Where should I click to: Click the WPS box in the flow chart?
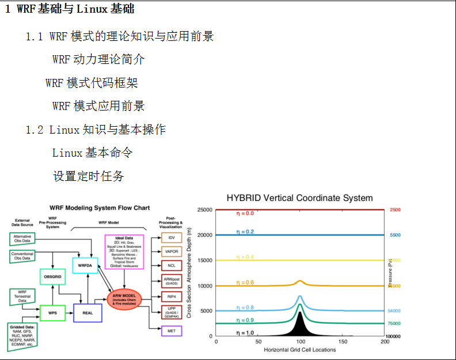[x=52, y=313]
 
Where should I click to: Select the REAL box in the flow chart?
[x=88, y=313]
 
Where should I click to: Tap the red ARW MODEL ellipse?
[x=124, y=299]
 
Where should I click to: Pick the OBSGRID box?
[x=52, y=277]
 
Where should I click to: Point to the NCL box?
[x=172, y=266]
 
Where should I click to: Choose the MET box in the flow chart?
[x=172, y=331]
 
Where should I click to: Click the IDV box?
[x=172, y=237]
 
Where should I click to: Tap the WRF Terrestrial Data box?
[x=22, y=297]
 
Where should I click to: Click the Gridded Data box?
[x=22, y=334]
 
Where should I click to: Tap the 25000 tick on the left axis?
[x=204, y=210]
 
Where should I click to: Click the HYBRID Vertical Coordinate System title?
[x=299, y=198]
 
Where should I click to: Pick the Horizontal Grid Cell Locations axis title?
[x=300, y=350]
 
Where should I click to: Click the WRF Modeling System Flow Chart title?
[x=93, y=207]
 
